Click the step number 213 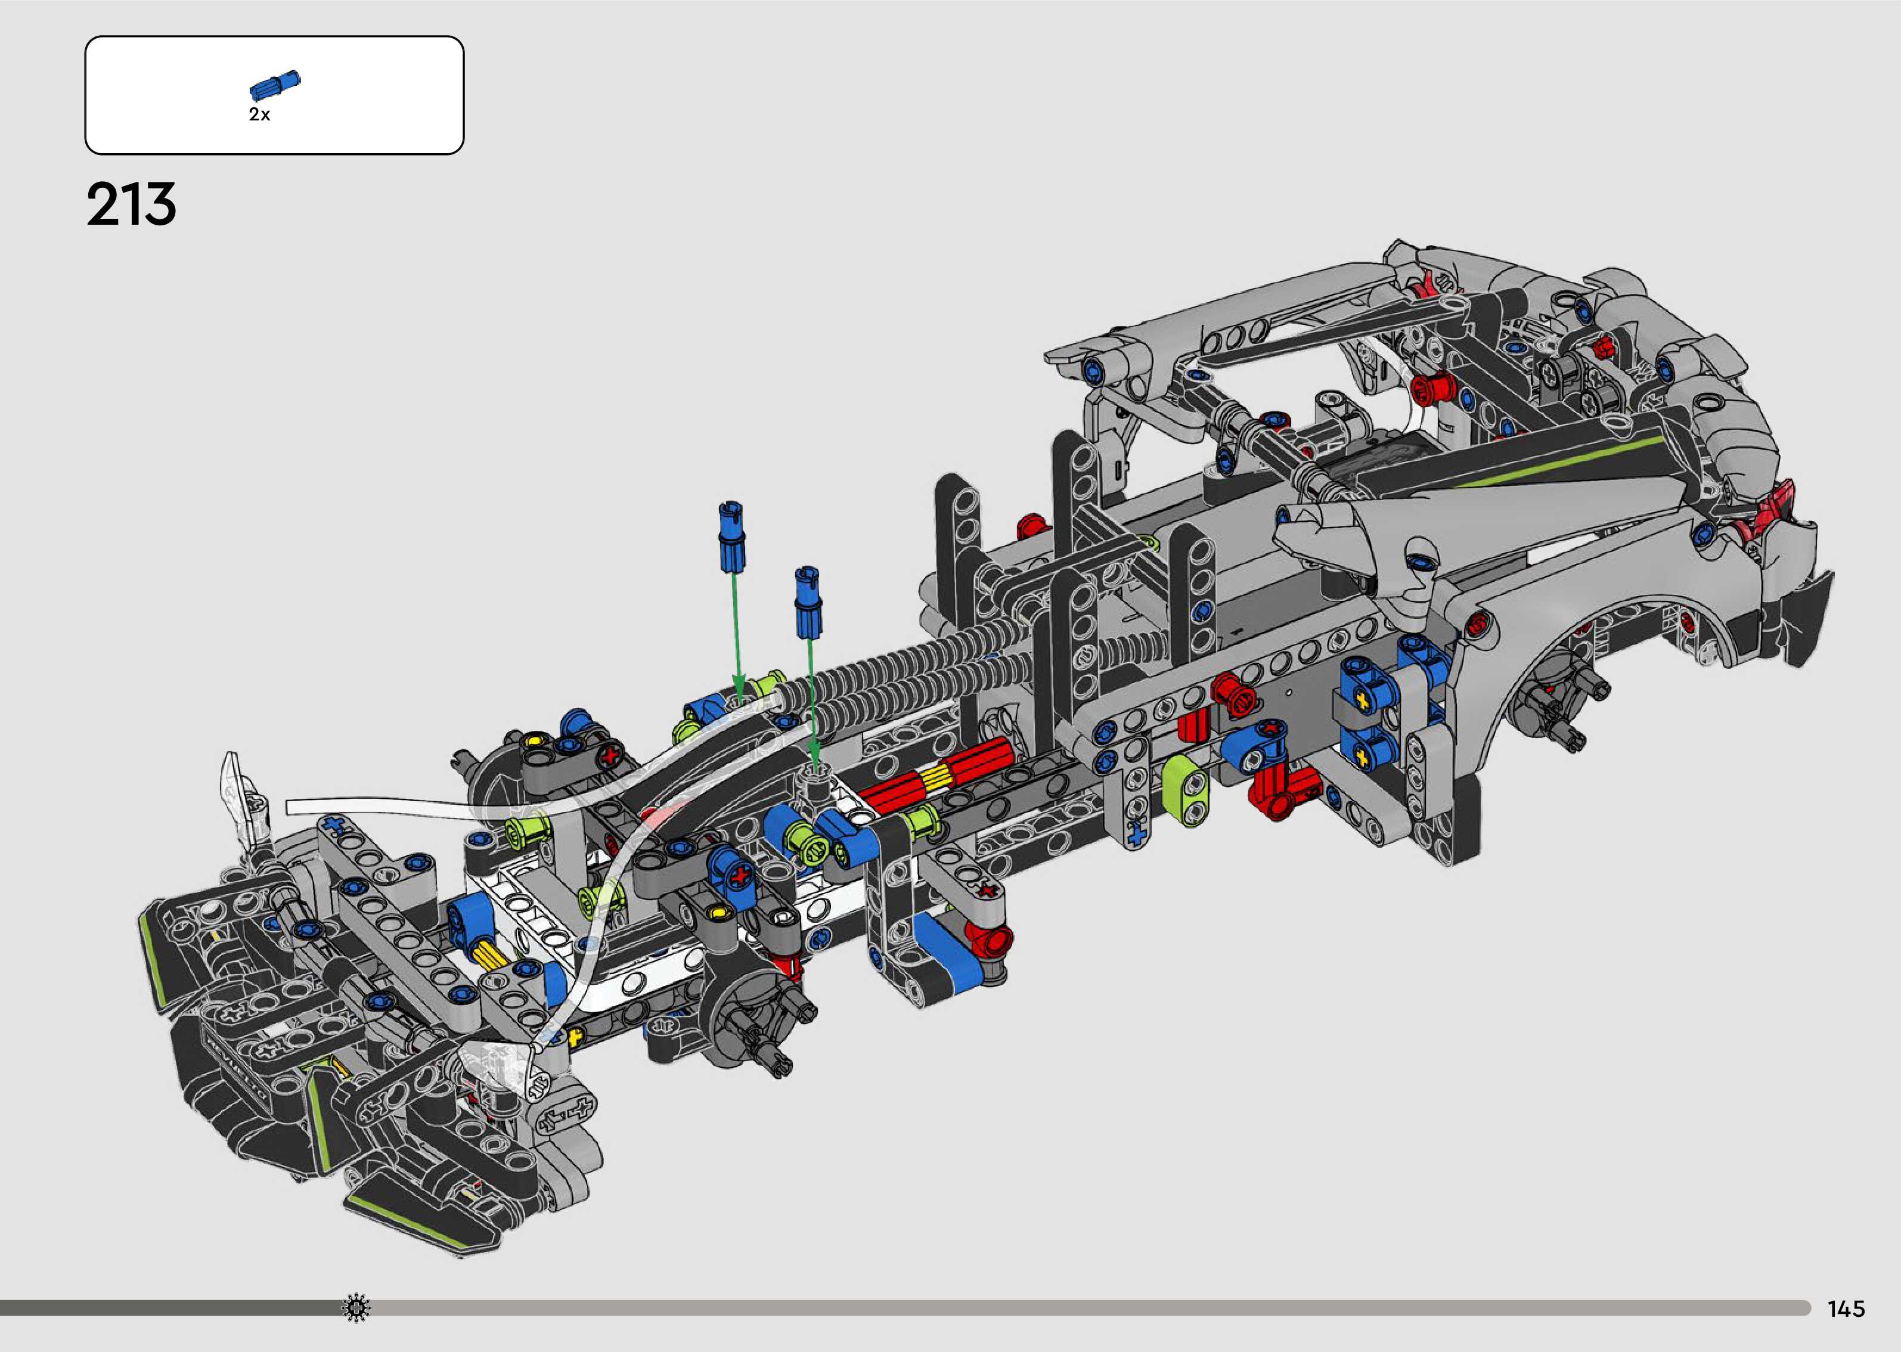click(132, 205)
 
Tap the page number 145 click(1846, 1310)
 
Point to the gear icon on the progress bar click(356, 1308)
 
